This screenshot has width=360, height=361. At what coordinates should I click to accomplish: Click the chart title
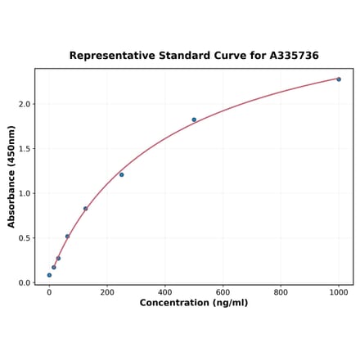coord(194,56)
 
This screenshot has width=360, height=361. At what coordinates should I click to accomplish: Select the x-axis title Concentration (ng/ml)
coord(194,303)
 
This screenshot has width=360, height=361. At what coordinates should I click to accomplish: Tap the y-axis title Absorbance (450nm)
coord(11,176)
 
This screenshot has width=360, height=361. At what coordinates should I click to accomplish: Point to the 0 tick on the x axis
coord(49,291)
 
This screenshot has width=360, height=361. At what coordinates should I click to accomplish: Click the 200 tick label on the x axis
coord(107,291)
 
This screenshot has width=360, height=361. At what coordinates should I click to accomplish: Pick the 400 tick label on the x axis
coord(165,291)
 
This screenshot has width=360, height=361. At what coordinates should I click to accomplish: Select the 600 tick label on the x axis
coord(223,291)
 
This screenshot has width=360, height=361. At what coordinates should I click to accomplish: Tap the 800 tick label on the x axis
coord(281,291)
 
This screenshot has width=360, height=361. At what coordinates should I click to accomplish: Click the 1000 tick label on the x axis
coord(339,291)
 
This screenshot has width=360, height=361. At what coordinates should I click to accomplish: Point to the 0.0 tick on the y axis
coord(25,283)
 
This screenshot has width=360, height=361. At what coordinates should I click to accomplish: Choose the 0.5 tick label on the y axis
coord(25,238)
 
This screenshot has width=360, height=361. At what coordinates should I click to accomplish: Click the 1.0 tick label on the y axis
coord(25,193)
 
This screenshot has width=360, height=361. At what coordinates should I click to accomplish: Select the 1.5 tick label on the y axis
coord(25,149)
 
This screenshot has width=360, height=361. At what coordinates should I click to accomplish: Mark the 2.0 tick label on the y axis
coord(25,104)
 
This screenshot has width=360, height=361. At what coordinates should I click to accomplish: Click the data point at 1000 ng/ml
coord(339,79)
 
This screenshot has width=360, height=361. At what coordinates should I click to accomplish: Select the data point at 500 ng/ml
coord(194,120)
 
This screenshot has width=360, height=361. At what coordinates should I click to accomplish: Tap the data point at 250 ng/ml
coord(122,174)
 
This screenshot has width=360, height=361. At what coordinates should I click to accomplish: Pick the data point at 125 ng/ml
coord(85,209)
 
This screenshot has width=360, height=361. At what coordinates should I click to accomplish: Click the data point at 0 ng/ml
coord(49,275)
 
